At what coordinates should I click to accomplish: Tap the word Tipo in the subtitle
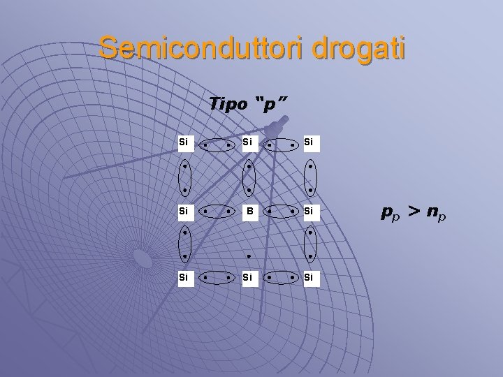[228, 104]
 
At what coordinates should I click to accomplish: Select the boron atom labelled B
[247, 209]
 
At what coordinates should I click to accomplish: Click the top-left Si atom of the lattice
[184, 143]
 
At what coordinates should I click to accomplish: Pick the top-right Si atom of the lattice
[309, 143]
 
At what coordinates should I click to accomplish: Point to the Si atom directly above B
[247, 143]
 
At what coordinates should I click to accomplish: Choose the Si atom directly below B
[247, 277]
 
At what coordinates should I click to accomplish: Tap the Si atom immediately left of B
[184, 209]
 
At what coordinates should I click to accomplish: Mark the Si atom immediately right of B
[309, 209]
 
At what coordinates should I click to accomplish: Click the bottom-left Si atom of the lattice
[184, 277]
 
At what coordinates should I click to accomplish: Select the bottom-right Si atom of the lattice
[309, 277]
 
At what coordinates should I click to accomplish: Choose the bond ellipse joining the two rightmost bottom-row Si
[280, 279]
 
